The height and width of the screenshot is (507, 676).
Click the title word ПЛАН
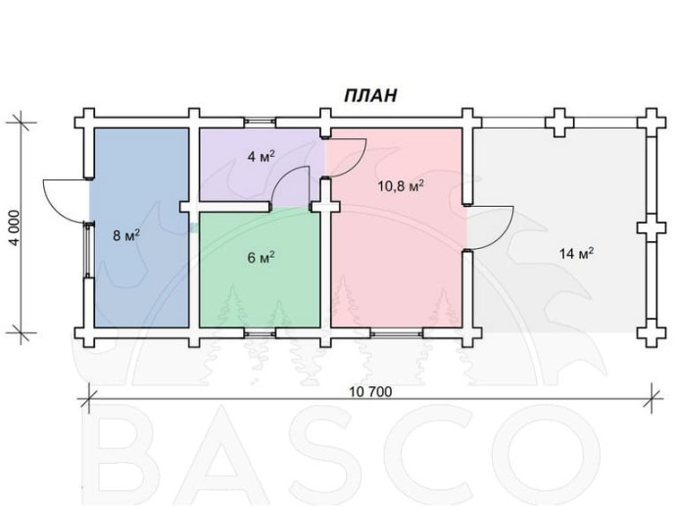[370, 95]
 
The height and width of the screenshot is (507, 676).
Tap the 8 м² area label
[126, 235]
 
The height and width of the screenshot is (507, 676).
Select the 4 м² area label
[261, 156]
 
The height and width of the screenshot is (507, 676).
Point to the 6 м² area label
[261, 258]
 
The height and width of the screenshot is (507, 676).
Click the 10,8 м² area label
[401, 186]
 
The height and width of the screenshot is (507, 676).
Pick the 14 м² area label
[576, 253]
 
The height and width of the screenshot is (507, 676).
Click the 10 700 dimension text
[370, 392]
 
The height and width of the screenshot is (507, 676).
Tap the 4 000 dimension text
[15, 228]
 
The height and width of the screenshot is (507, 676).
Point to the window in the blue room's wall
[89, 250]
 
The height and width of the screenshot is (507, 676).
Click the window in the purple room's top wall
[260, 123]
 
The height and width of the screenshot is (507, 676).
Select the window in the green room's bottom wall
[260, 333]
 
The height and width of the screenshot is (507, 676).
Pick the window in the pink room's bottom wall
[397, 333]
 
